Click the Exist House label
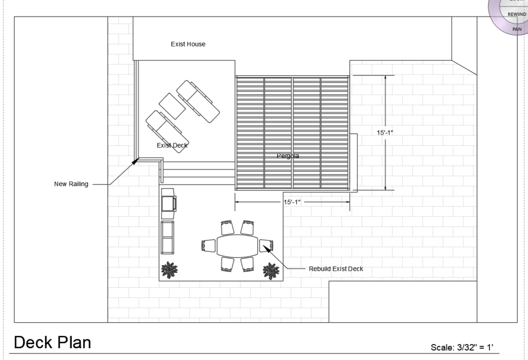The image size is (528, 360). (188, 44)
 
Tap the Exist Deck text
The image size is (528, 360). (172, 145)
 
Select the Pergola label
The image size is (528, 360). (288, 156)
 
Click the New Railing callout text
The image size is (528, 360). (71, 184)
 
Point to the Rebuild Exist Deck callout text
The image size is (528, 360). (336, 269)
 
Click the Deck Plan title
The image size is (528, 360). (52, 342)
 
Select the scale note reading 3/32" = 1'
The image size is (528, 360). (465, 348)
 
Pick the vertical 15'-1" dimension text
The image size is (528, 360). (385, 133)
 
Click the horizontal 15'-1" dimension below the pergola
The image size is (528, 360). (292, 202)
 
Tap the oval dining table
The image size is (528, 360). (237, 246)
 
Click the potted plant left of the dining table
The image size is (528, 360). (169, 269)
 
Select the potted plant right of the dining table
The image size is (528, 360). (271, 270)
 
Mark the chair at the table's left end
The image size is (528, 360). (208, 246)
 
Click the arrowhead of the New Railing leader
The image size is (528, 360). (136, 161)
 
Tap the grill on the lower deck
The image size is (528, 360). (169, 202)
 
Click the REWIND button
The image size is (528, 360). (517, 14)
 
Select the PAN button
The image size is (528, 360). (517, 29)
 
